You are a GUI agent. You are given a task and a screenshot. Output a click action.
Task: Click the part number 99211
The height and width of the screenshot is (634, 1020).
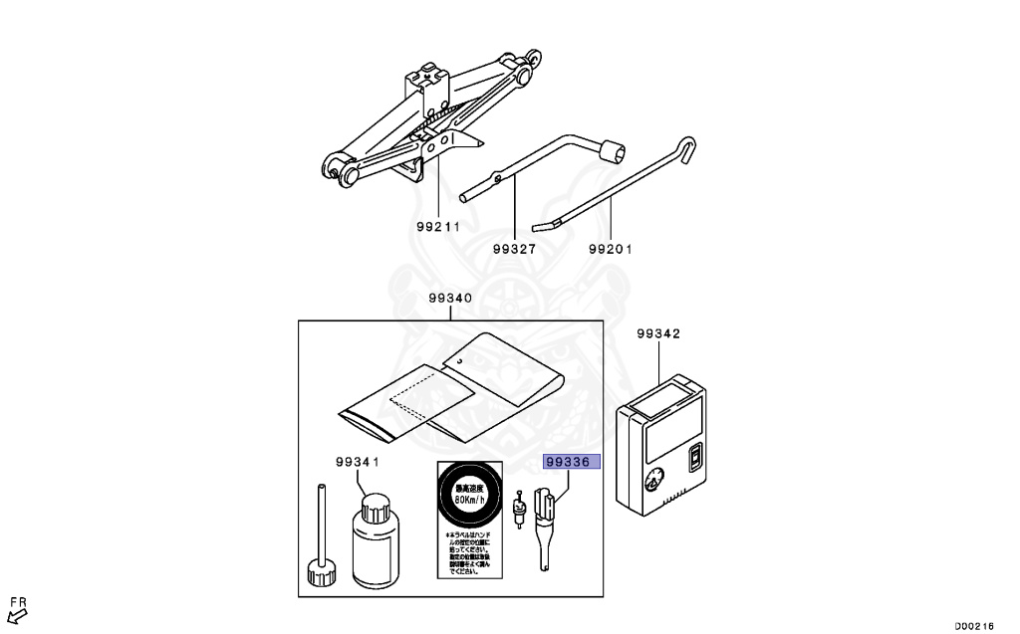437,226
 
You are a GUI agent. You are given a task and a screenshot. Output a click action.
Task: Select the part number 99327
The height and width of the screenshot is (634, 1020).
514,249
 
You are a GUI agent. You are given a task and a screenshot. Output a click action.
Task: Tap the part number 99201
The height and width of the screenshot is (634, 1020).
611,249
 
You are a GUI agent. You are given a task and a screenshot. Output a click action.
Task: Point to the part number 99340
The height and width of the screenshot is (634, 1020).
450,299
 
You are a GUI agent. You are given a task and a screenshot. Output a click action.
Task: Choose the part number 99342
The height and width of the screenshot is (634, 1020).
658,334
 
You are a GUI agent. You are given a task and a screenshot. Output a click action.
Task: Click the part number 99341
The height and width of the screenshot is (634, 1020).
357,462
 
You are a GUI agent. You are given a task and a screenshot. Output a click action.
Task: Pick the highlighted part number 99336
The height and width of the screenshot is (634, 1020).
571,462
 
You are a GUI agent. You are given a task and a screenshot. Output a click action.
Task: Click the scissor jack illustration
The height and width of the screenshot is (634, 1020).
428,119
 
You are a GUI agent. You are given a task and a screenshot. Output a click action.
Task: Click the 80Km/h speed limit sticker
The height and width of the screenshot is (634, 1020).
466,496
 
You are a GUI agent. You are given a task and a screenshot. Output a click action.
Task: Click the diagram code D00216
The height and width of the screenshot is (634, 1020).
974,625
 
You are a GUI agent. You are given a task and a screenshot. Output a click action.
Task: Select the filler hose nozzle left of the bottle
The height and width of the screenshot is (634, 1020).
319,537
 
